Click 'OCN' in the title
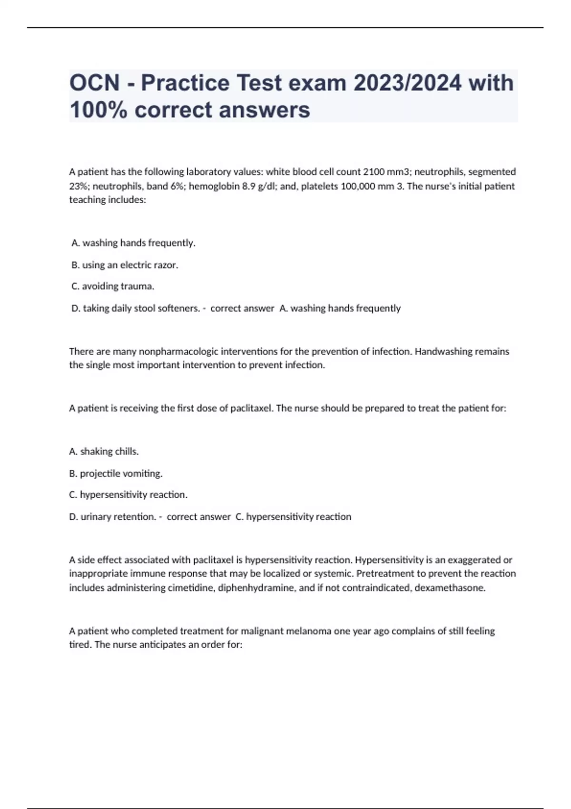tap(95, 83)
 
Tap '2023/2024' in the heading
tap(407, 83)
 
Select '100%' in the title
tap(98, 110)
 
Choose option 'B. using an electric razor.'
tap(125, 265)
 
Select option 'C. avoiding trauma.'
tap(113, 286)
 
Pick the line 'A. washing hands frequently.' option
tap(133, 243)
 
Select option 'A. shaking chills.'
tap(104, 452)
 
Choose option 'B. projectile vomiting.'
tap(116, 474)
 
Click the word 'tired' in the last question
tap(79, 645)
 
